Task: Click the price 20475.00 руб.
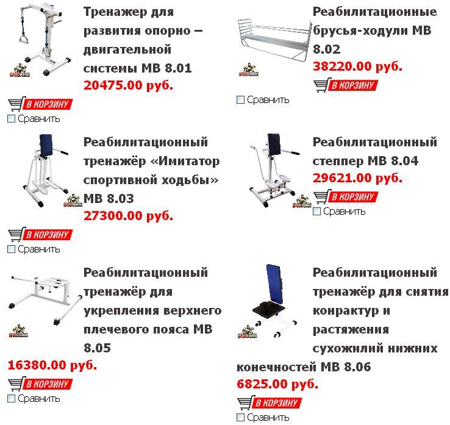pos(128,85)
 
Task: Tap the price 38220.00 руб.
pos(357,66)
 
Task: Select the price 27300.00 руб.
pos(128,216)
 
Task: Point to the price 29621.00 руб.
pos(357,178)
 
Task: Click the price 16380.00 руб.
pos(52,365)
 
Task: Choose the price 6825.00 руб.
pos(277,384)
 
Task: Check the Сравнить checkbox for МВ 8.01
pos(11,118)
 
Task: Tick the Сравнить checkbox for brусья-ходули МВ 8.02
pos(240,100)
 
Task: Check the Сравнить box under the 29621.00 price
pos(316,212)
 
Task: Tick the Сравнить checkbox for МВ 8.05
pos(11,399)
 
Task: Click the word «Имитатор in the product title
pos(185,161)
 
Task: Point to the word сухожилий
pos(348,348)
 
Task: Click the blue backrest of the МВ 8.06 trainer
pos(274,284)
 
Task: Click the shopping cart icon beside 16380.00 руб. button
pos(15,384)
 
